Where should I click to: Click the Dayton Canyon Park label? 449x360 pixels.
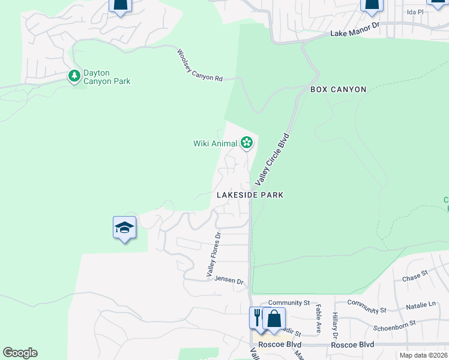coord(107,77)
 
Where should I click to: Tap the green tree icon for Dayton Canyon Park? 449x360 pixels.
coord(74,76)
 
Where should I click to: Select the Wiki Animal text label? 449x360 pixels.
coord(215,143)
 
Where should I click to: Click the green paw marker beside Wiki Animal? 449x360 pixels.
coord(246,143)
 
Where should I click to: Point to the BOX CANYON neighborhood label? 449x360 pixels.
coord(338,89)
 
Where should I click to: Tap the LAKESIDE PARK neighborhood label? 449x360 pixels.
coord(250,195)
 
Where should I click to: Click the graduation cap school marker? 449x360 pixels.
coord(124,228)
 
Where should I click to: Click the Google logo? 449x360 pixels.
coord(20,353)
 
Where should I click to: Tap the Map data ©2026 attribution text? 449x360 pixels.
coord(423,355)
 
